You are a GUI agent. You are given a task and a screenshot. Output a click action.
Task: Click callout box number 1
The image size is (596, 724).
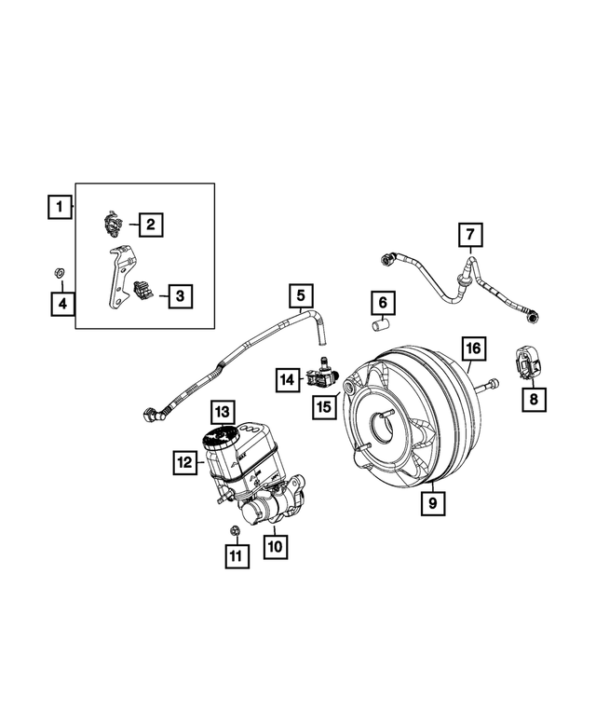(x=60, y=205)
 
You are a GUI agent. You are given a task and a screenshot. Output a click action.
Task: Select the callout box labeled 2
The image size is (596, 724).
(x=150, y=224)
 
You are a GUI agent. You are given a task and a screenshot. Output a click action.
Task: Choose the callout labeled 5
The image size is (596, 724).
(x=301, y=296)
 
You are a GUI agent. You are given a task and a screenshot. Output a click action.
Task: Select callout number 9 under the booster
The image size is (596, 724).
(x=432, y=504)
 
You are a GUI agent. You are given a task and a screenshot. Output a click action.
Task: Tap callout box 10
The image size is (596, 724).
(x=274, y=543)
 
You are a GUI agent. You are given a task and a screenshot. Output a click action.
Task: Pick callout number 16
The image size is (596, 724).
(x=473, y=348)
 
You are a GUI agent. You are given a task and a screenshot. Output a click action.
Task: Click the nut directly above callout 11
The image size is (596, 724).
(x=235, y=530)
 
